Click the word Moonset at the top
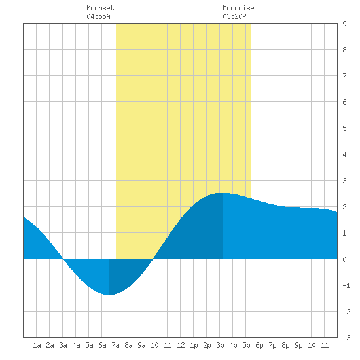point(100,8)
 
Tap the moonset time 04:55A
point(98,16)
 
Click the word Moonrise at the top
point(238,8)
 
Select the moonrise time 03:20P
point(234,16)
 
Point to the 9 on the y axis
point(344,24)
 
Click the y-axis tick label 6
point(344,102)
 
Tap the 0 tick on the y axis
point(344,259)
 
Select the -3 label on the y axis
point(346,338)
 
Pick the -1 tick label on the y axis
point(346,285)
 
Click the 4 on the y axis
point(344,154)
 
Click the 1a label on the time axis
point(37,345)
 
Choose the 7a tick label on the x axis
point(115,345)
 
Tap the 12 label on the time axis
point(181,345)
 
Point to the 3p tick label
point(220,345)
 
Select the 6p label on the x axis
point(259,345)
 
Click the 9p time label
point(298,345)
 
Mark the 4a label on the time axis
point(76,345)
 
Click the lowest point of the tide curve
point(109,294)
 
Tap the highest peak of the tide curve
point(223,193)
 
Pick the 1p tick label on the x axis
point(194,345)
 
